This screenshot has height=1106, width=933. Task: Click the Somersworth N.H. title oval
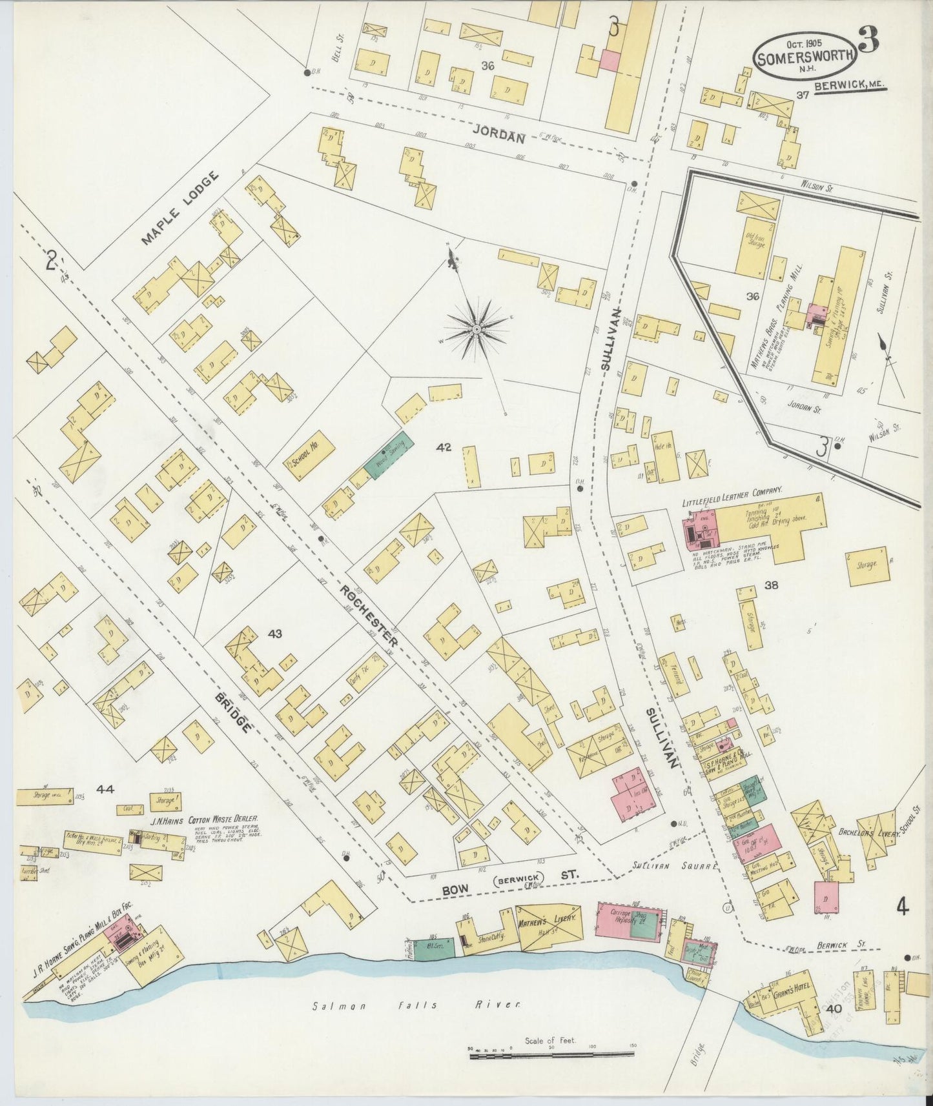click(x=805, y=56)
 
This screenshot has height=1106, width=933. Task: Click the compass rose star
click(x=477, y=330)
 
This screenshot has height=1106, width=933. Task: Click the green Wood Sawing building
click(x=389, y=456)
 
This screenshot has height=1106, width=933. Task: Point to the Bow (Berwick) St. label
click(x=510, y=876)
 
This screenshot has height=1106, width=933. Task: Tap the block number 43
click(x=275, y=634)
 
